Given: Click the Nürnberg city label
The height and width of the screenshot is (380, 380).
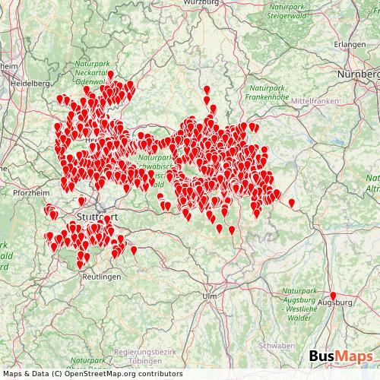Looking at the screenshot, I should click(x=358, y=75).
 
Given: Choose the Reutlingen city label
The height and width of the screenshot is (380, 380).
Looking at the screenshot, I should click(x=100, y=278).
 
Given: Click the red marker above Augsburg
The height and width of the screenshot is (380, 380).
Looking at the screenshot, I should click(x=332, y=295).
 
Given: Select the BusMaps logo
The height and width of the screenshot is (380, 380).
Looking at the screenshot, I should click(x=340, y=356).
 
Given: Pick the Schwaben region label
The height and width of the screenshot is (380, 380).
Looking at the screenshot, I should click(x=276, y=345).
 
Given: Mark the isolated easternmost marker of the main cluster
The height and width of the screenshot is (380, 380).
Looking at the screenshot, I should click(x=292, y=202).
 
